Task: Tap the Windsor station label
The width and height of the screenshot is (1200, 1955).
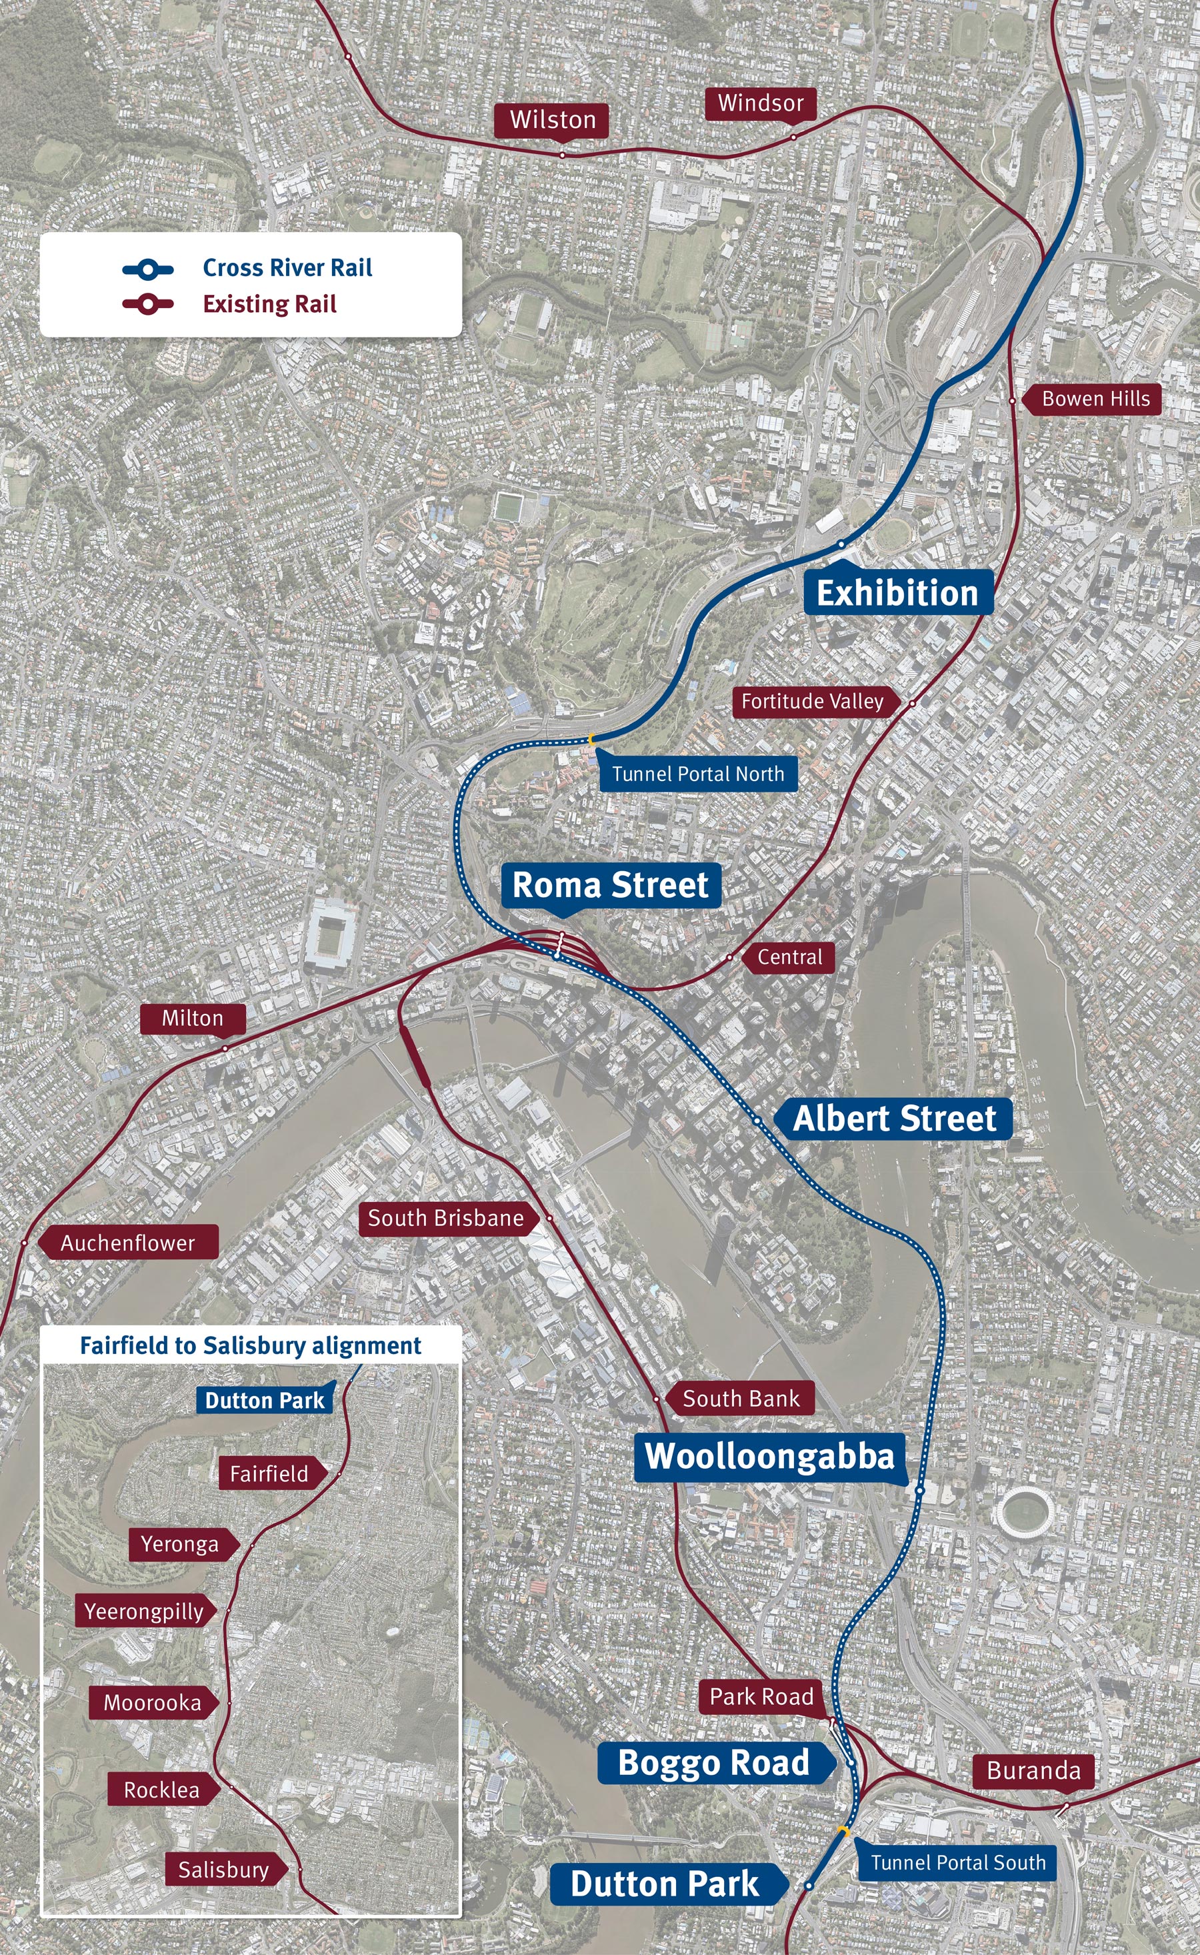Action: coord(760,103)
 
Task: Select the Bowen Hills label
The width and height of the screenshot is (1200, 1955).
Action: coord(1095,399)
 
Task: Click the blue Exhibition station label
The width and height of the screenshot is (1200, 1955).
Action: coord(897,592)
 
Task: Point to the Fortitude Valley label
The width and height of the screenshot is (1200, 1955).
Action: coord(812,701)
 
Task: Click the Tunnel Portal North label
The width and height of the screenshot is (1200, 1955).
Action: coord(697,774)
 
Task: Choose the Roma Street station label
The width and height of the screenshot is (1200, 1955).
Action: coord(610,884)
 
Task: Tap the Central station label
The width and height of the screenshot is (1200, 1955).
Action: coord(790,957)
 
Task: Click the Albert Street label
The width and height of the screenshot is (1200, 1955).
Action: coord(895,1118)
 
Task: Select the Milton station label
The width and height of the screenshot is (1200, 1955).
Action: coord(192,1018)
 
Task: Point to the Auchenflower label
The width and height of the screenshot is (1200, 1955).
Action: coord(128,1243)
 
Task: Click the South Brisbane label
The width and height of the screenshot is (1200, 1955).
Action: coord(445,1218)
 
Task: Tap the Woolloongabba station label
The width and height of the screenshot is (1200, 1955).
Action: coord(769,1456)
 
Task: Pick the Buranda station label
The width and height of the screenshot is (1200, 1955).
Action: coord(1033,1771)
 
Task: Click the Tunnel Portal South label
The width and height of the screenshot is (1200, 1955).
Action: coord(957,1862)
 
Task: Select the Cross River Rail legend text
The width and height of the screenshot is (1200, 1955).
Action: coord(287,267)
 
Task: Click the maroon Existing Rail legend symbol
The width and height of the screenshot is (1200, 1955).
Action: coord(147,304)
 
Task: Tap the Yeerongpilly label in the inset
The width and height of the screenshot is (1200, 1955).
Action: coord(143,1611)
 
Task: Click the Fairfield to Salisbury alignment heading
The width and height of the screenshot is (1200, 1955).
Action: coord(250,1345)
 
